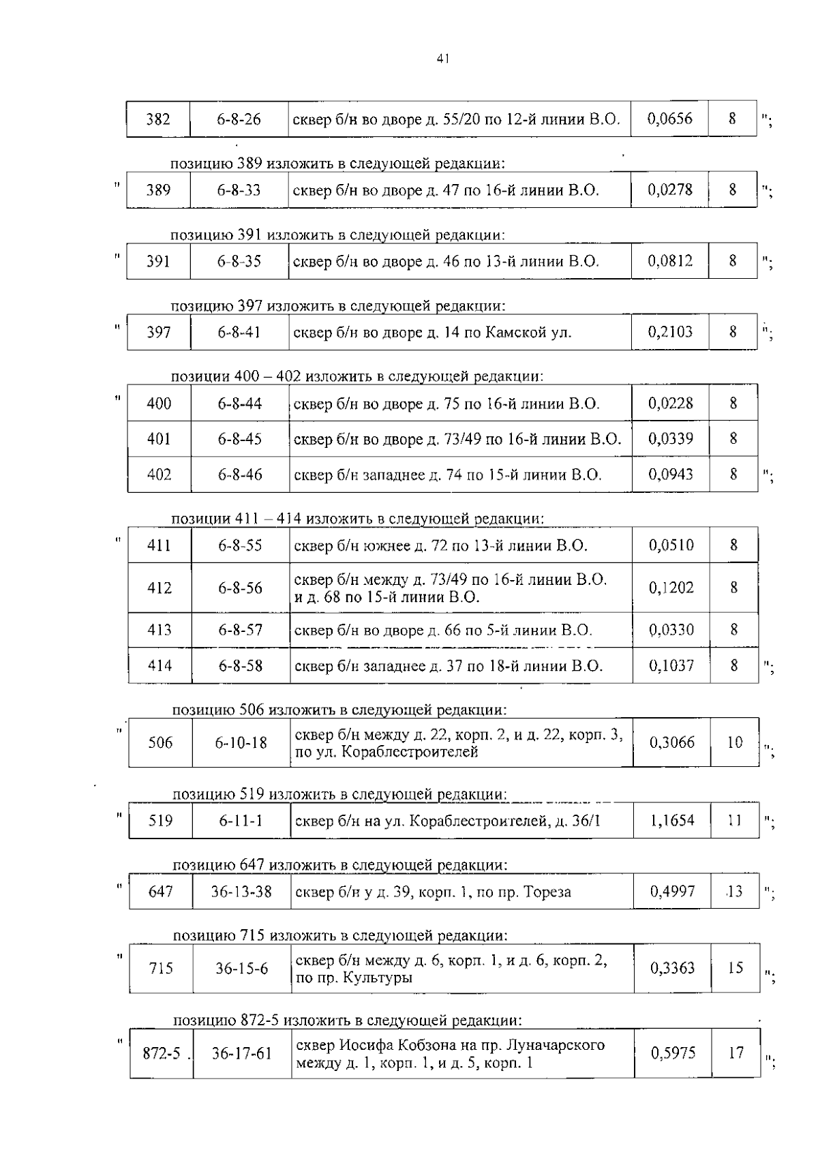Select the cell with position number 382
[x=158, y=119]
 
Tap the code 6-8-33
[x=239, y=190]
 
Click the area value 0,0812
[x=671, y=261]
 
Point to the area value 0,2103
[x=671, y=332]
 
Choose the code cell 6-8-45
[x=240, y=439]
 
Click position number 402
[x=160, y=474]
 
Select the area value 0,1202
[x=671, y=588]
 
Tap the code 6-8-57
[x=241, y=630]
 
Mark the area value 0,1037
[x=671, y=665]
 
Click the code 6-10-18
[x=241, y=742]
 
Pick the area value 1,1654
[x=672, y=820]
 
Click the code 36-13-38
[x=242, y=892]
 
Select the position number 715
[x=161, y=968]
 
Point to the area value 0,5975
[x=673, y=1053]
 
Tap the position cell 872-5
[x=162, y=1053]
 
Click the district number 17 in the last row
[x=736, y=1053]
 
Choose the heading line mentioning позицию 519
[x=339, y=794]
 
